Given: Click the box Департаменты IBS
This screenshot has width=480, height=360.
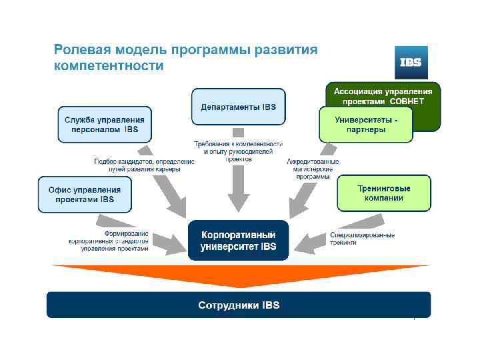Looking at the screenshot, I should click(x=238, y=107).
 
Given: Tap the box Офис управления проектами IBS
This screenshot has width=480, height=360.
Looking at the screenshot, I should click(x=84, y=194).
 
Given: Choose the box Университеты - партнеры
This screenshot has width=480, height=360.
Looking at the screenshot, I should click(x=365, y=125).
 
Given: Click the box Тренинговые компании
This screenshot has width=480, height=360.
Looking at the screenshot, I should click(x=383, y=193).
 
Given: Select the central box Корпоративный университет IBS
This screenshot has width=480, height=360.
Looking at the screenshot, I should click(x=237, y=241).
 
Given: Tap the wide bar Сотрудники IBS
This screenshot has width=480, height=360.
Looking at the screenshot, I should click(x=238, y=305).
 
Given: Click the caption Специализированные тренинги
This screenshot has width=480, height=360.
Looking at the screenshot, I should click(x=362, y=239).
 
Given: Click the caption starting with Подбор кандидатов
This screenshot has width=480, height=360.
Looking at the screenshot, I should click(x=143, y=165).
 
